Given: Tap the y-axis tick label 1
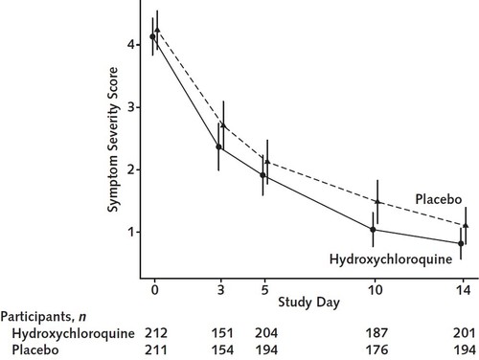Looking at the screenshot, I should point(127,232).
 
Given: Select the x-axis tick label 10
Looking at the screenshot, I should point(373,288).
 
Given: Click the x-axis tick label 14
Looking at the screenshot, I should point(462,288).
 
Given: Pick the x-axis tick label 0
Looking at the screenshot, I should point(153,288).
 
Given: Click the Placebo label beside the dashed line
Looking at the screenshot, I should point(441,198).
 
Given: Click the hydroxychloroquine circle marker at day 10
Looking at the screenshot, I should point(373,230).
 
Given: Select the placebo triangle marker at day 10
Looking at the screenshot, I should point(378,202).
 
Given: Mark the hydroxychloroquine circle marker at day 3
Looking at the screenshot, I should point(219,147).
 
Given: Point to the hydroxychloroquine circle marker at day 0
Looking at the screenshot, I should point(152,36).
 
